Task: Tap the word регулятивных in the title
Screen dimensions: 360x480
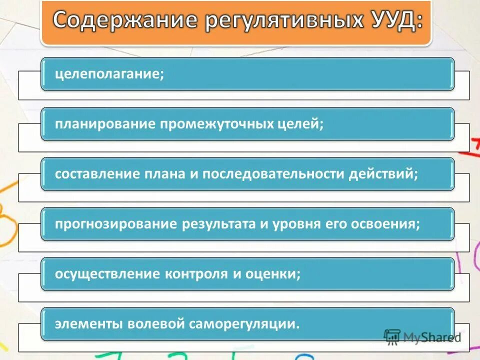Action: pos(265,21)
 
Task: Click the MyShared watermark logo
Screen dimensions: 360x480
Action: pos(423,336)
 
